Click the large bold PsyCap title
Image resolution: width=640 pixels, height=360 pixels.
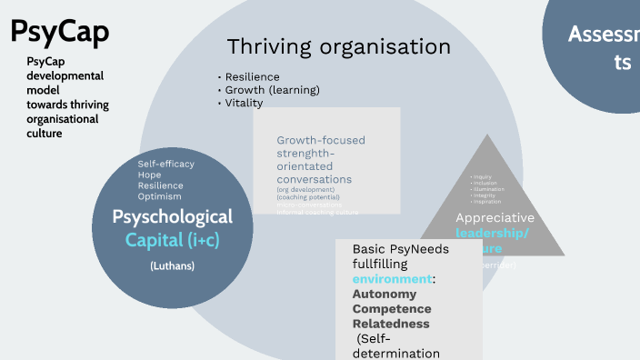point(60,32)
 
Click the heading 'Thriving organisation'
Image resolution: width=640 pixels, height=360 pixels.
point(338,46)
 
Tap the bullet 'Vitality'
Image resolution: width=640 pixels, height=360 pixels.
point(244,103)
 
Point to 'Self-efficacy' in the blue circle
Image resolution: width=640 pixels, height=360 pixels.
point(166,164)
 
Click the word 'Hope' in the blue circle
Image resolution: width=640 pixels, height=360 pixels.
point(150,175)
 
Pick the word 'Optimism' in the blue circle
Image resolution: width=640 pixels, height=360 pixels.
point(160,196)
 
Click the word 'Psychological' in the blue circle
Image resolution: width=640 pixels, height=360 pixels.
point(173,217)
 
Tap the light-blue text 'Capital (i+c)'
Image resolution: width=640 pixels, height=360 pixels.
point(173,240)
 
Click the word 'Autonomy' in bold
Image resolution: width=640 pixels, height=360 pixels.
point(385,295)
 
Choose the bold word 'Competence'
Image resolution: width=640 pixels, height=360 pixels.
point(392,309)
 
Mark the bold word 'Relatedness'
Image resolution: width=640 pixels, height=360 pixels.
point(391,324)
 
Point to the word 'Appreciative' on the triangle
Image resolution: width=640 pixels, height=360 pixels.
point(495,218)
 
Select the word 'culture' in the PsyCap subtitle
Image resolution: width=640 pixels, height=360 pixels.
point(45,134)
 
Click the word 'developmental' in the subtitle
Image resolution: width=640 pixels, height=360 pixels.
point(65,75)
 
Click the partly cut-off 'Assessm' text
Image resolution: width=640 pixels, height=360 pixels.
point(603,35)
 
